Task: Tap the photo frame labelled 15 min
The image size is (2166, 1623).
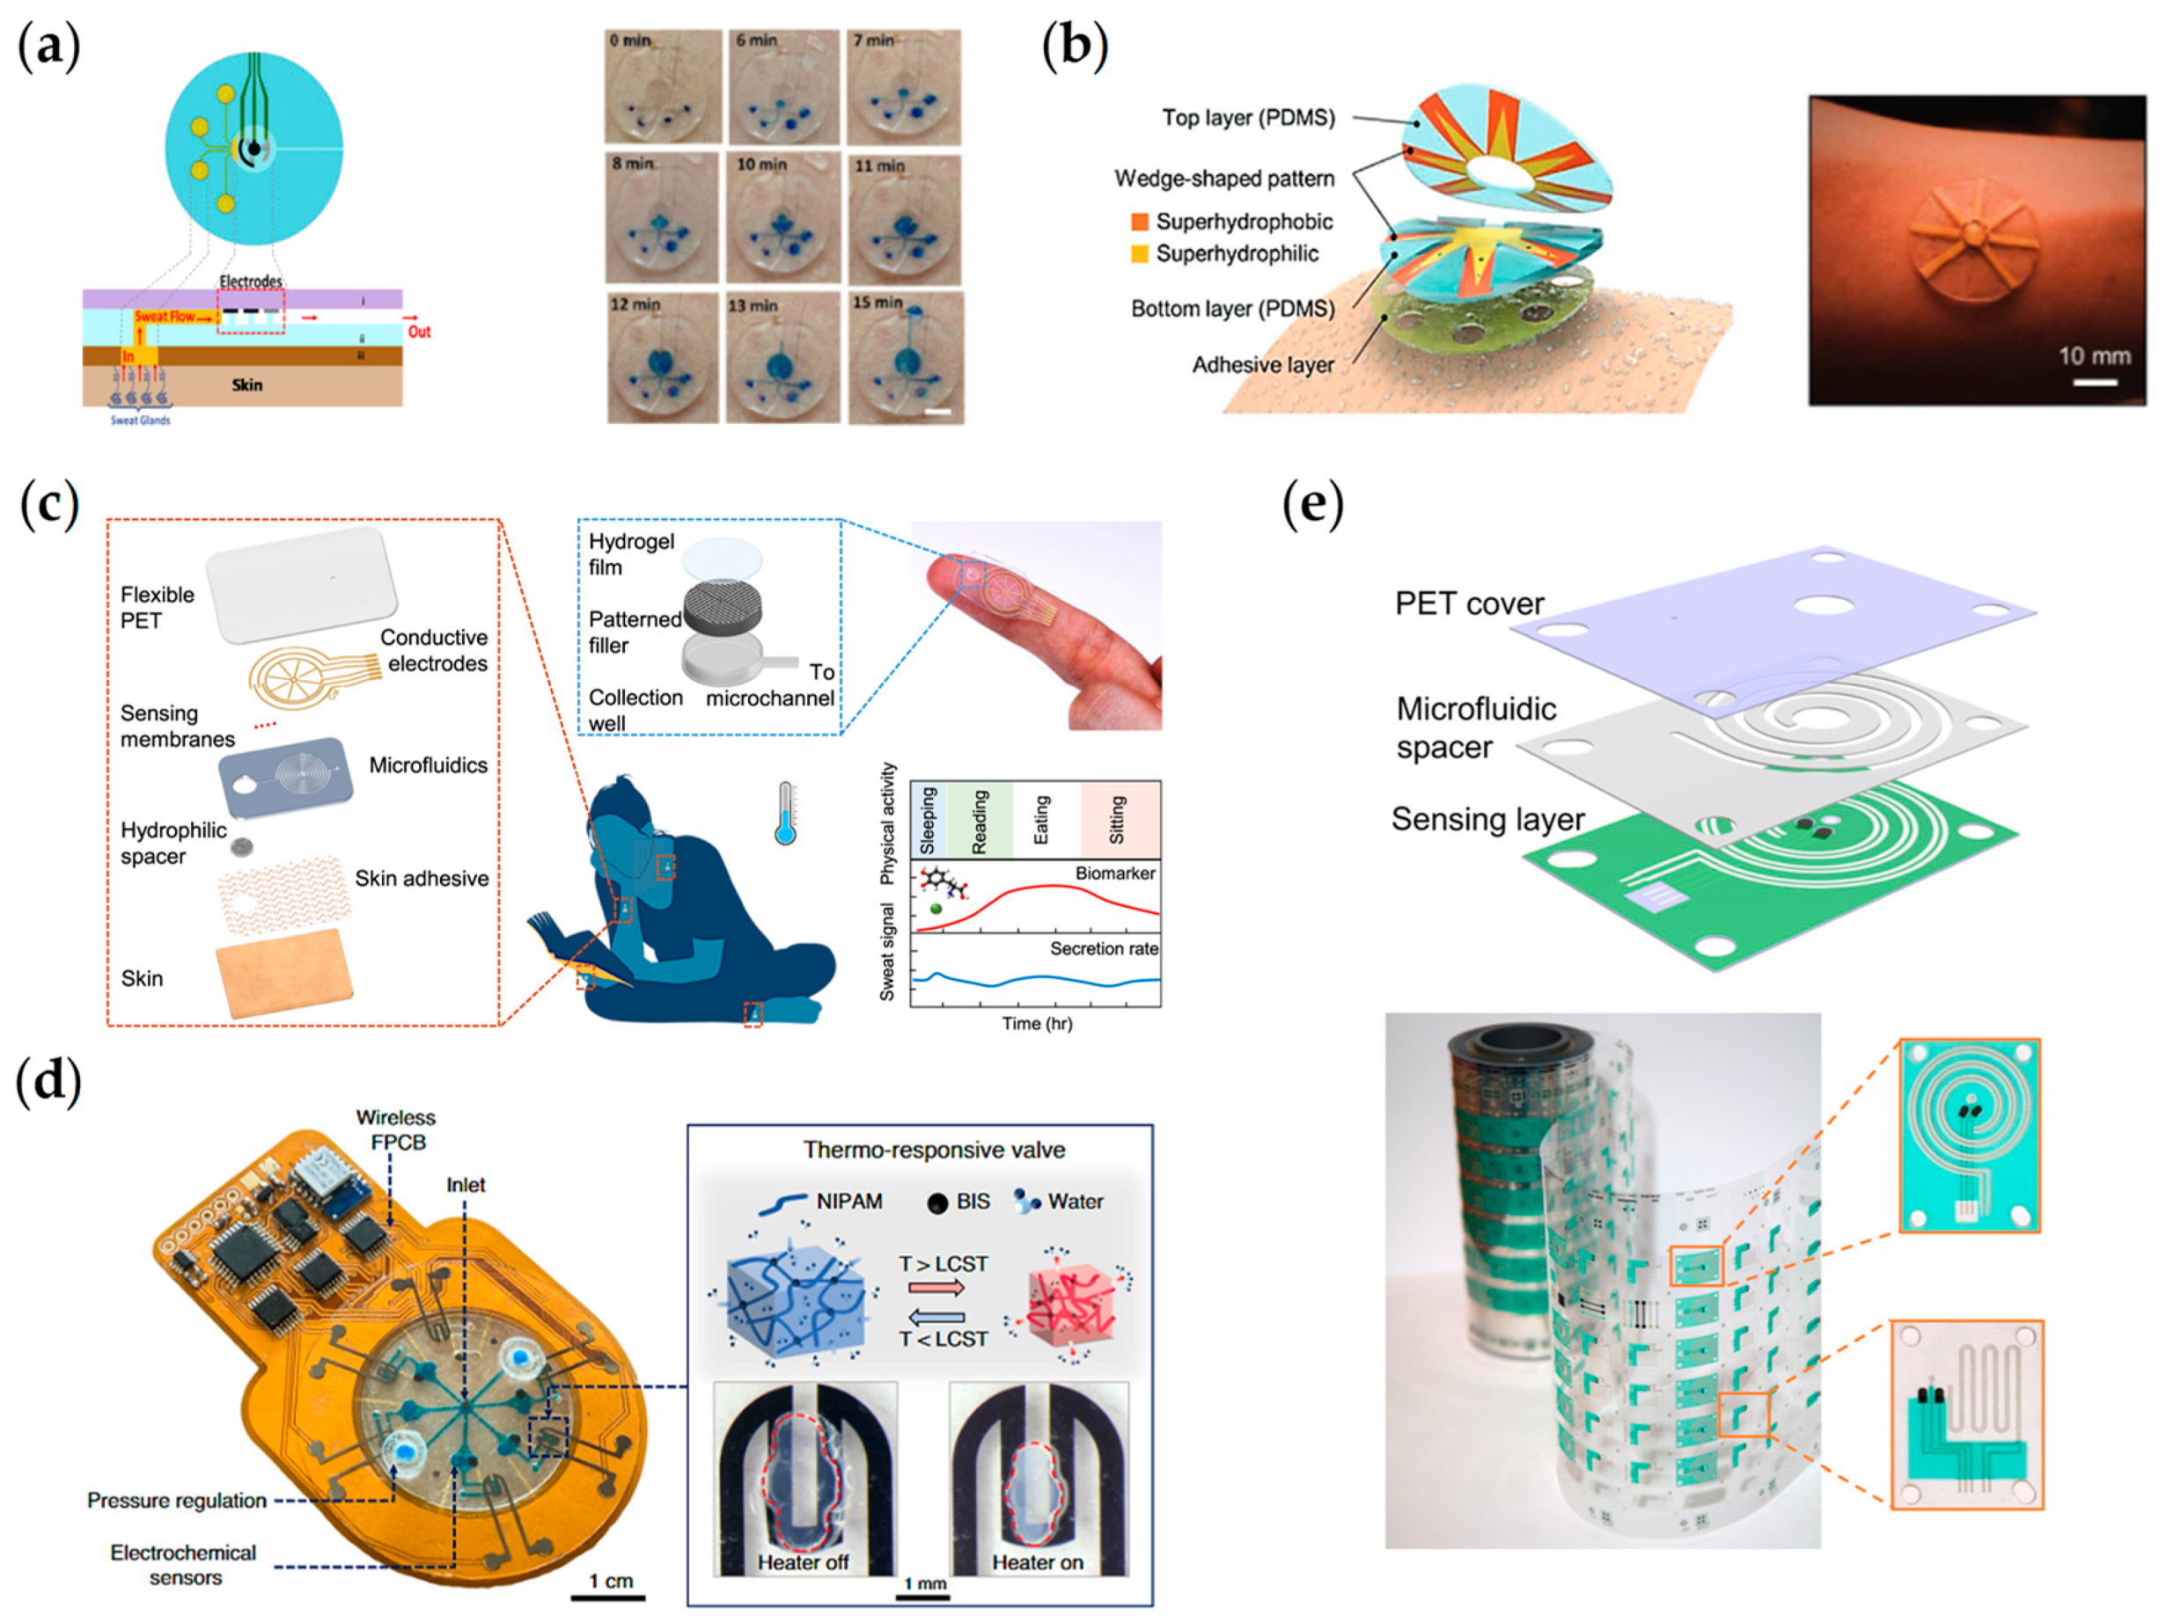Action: (906, 358)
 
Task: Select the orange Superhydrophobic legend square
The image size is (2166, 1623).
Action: (1140, 223)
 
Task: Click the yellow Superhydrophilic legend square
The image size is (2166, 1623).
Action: (1140, 254)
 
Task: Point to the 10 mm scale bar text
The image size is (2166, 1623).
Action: (2095, 356)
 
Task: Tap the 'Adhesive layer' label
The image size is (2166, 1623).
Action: (1263, 365)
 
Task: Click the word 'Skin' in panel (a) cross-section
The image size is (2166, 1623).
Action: (246, 384)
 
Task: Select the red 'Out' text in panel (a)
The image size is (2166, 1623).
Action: (419, 332)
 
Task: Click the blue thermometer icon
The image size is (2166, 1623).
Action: (785, 814)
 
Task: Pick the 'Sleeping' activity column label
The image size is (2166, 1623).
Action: (929, 821)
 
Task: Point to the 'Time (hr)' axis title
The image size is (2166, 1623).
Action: (1037, 1024)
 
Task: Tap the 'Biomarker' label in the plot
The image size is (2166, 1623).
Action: (1115, 874)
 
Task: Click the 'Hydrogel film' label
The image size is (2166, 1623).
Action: (632, 554)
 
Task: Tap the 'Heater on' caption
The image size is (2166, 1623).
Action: (1038, 1562)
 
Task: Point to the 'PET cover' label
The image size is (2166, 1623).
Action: (1469, 604)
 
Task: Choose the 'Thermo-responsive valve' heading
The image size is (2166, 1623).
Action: (934, 1151)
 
